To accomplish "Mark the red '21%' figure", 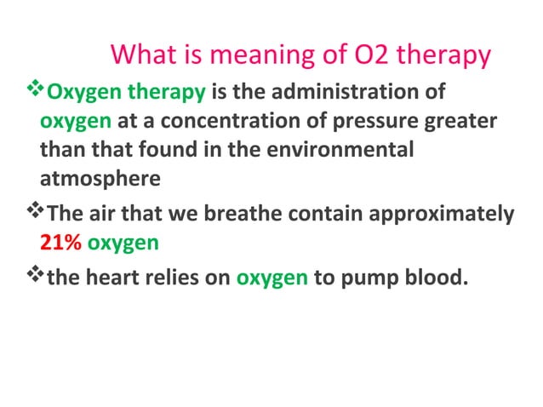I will pyautogui.click(x=61, y=243).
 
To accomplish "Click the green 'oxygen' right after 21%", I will pyautogui.click(x=123, y=243).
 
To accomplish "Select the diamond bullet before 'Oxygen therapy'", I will pyautogui.click(x=33, y=90).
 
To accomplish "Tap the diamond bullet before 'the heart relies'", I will pyautogui.click(x=33, y=275).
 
